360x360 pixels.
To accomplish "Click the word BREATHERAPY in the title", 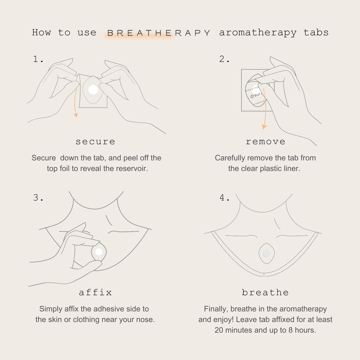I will (158, 33).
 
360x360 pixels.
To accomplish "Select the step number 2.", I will (224, 60).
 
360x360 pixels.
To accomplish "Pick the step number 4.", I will (224, 198).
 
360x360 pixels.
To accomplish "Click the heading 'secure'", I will (95, 142).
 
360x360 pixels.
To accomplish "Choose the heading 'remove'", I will (265, 142).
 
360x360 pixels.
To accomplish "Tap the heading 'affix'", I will (95, 293).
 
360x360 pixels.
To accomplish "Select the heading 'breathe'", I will (265, 293).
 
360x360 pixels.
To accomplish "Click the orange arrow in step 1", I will (75, 104).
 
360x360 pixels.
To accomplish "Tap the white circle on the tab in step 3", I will (99, 252).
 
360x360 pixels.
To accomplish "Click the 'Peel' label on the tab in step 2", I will (257, 96).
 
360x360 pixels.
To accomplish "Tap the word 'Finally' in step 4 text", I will (216, 309).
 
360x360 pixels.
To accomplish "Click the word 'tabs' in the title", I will (316, 33).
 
